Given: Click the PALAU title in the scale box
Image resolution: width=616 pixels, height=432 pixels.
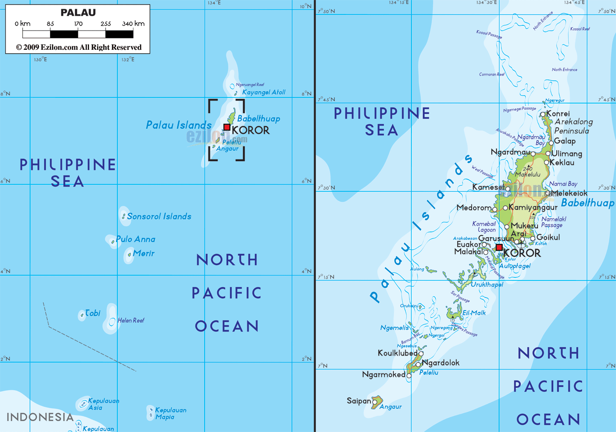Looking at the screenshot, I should click(78, 13).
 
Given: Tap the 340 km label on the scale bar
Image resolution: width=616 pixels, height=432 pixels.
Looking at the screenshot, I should click(133, 24).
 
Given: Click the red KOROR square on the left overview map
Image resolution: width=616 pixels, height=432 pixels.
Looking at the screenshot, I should click(226, 127).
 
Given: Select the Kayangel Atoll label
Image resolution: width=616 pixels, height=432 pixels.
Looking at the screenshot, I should click(264, 92).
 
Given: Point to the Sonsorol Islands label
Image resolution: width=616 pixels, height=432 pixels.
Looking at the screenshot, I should click(159, 216).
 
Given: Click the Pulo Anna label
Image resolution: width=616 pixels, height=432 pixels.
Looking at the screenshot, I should click(135, 239).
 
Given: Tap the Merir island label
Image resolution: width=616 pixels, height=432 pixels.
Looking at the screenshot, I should click(144, 253).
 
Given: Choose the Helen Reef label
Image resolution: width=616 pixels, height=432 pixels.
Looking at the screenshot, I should click(131, 320).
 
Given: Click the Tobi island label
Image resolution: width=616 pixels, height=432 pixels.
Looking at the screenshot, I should click(92, 313).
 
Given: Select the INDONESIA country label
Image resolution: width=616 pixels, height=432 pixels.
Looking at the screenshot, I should click(40, 417).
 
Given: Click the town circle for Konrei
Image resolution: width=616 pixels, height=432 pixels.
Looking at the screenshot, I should click(543, 114).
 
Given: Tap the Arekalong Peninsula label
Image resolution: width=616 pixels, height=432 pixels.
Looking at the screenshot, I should click(573, 126).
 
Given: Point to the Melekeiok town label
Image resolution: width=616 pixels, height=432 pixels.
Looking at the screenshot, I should click(569, 193).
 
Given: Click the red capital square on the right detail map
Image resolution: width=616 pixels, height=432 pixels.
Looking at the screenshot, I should click(499, 247).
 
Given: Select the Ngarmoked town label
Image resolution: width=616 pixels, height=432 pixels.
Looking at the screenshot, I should click(383, 374).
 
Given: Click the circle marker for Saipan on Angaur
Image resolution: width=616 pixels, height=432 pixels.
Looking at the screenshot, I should click(374, 402).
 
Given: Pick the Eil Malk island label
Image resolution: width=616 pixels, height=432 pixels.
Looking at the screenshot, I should click(474, 313).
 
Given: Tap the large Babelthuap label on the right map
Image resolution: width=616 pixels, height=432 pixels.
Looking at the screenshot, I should click(587, 203).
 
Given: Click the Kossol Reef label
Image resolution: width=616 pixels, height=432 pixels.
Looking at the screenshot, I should click(580, 29).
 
